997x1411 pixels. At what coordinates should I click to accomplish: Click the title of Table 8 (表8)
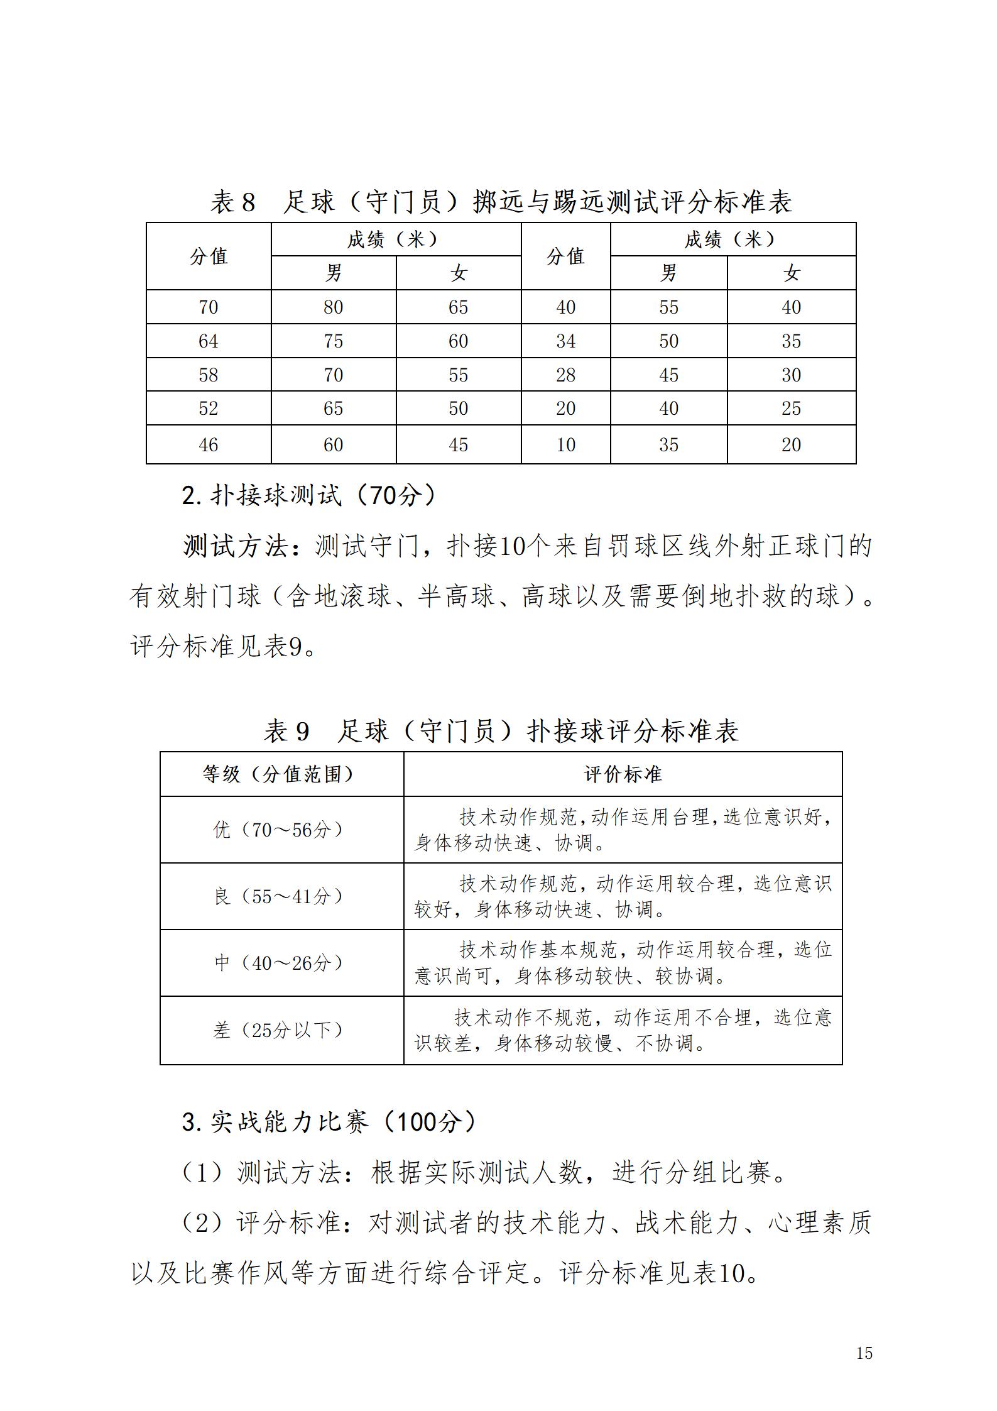pyautogui.click(x=501, y=202)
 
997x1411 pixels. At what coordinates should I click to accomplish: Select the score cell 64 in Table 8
pyautogui.click(x=208, y=341)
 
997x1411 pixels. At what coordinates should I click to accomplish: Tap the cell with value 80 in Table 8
pyautogui.click(x=333, y=307)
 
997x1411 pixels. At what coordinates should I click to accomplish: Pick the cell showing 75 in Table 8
pyautogui.click(x=333, y=341)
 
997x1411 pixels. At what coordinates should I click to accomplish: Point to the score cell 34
pyautogui.click(x=565, y=341)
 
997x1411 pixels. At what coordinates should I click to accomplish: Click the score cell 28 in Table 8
pyautogui.click(x=565, y=375)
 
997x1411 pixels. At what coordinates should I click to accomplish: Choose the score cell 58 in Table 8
pyautogui.click(x=208, y=375)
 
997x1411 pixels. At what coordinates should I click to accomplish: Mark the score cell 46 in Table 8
pyautogui.click(x=208, y=445)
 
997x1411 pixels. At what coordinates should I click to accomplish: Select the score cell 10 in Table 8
pyautogui.click(x=565, y=445)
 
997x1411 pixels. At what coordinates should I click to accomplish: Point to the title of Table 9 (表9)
pyautogui.click(x=501, y=731)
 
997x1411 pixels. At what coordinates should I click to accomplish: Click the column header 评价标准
pyautogui.click(x=623, y=774)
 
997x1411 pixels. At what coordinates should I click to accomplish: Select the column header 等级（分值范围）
pyautogui.click(x=279, y=774)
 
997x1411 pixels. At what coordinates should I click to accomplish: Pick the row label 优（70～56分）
pyautogui.click(x=279, y=830)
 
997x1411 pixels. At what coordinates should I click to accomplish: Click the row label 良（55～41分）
pyautogui.click(x=279, y=896)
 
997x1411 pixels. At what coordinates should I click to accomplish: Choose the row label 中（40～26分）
pyautogui.click(x=279, y=962)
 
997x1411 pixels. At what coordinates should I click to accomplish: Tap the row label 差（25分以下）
pyautogui.click(x=279, y=1030)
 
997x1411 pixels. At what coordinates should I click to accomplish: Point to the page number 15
pyautogui.click(x=864, y=1353)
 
